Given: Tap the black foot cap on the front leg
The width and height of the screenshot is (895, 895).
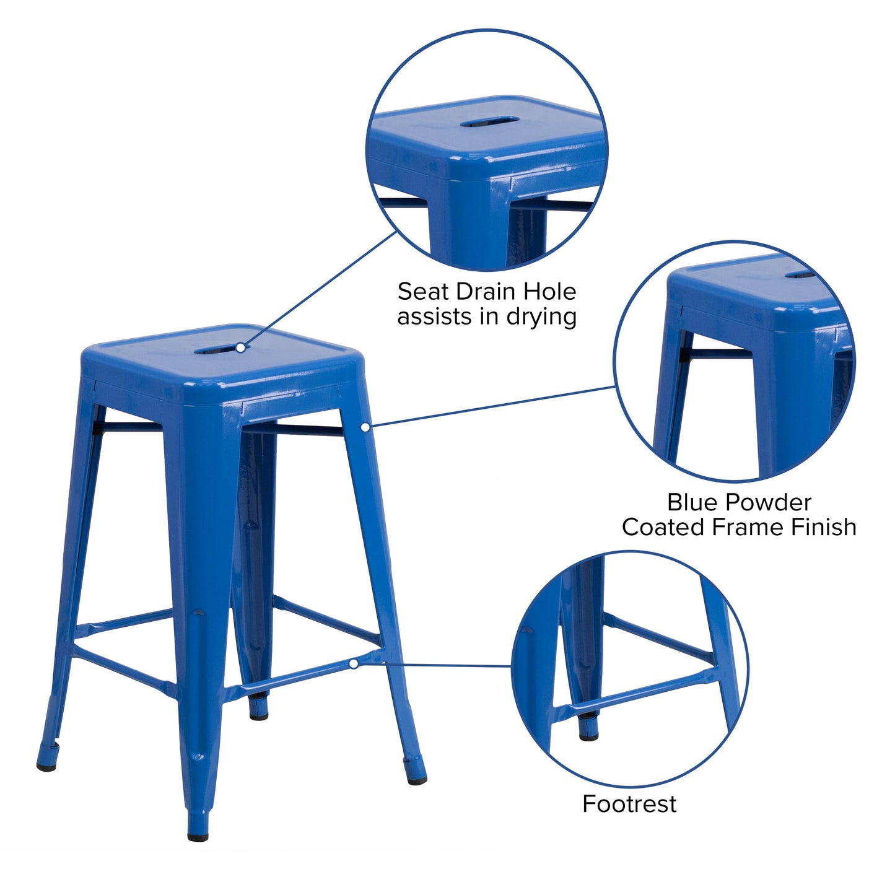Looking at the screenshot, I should pyautogui.click(x=198, y=836).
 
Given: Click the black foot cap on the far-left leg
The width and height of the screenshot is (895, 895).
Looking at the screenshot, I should pyautogui.click(x=46, y=767).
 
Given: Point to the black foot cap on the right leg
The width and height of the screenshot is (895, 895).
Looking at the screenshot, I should pyautogui.click(x=416, y=779).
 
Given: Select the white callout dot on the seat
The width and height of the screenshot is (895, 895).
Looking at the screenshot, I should pyautogui.click(x=240, y=347).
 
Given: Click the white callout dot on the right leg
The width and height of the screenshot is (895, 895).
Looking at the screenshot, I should pyautogui.click(x=365, y=427).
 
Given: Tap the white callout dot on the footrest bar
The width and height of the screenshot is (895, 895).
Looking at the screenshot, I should pyautogui.click(x=353, y=663).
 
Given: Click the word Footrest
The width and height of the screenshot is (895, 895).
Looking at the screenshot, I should pyautogui.click(x=629, y=804).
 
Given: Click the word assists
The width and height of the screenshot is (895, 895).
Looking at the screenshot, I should pyautogui.click(x=434, y=317).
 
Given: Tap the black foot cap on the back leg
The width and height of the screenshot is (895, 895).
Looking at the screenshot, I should pyautogui.click(x=259, y=715).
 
